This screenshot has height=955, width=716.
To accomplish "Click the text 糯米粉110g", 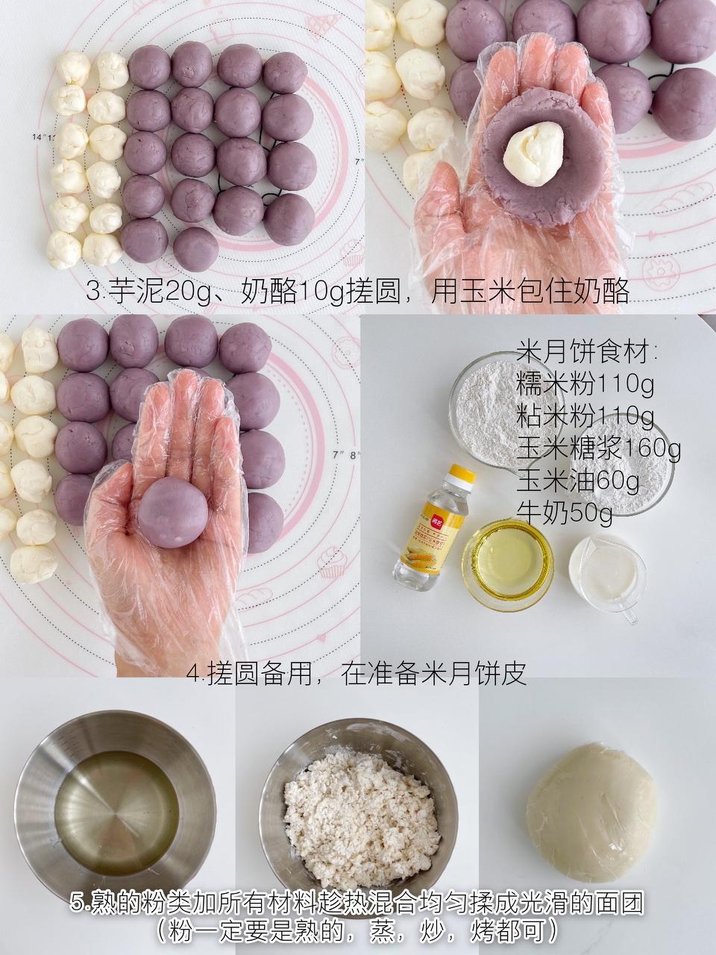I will coord(585,385).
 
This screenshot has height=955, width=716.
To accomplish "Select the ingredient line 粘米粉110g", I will coord(585,416).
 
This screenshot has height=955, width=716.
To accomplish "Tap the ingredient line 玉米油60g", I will coord(577,481).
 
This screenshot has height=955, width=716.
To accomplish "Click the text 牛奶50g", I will coord(564,513).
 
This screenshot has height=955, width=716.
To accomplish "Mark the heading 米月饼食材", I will coord(585,352).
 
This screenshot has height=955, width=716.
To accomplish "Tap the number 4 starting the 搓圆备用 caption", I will coord(195,674).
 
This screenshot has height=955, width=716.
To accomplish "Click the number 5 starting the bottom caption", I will coord(75,904).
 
